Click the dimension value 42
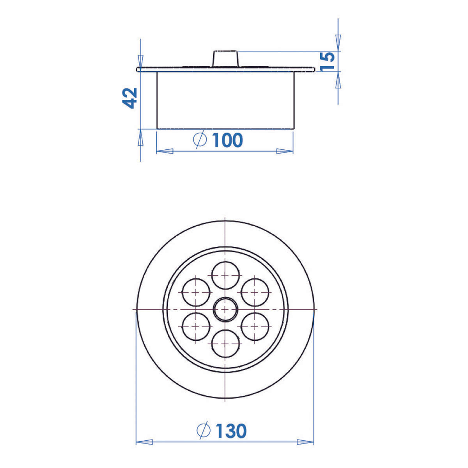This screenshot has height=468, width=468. click(129, 98)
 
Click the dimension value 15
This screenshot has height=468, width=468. click(327, 62)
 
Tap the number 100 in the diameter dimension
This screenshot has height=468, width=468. click(228, 140)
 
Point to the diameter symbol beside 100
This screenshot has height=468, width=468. click(200, 140)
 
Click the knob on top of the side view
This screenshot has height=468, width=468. click(225, 58)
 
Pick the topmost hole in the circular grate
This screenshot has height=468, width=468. click(225, 275)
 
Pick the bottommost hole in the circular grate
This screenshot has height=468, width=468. click(225, 344)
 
